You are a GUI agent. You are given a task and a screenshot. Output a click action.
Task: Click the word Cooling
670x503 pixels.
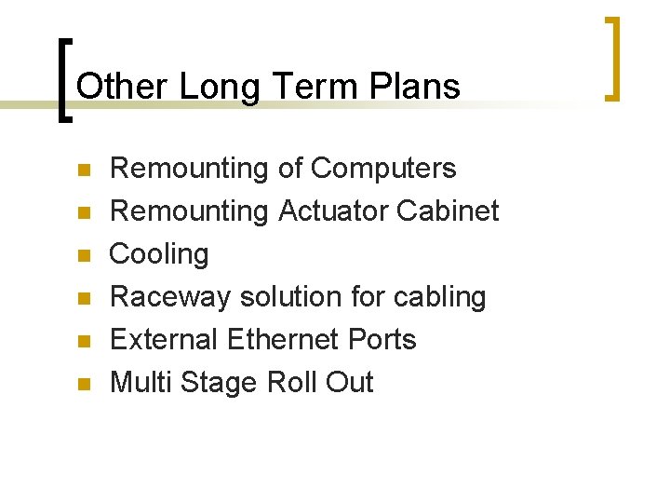point(159,254)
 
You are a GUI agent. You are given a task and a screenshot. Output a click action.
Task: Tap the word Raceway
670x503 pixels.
point(170,297)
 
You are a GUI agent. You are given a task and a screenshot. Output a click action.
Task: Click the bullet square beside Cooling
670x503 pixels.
point(82,255)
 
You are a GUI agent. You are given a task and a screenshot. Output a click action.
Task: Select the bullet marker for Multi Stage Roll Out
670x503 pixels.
point(82,384)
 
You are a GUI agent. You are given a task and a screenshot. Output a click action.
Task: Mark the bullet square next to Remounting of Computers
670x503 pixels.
point(82,170)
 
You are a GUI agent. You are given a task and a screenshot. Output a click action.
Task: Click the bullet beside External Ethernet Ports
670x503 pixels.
point(82,341)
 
